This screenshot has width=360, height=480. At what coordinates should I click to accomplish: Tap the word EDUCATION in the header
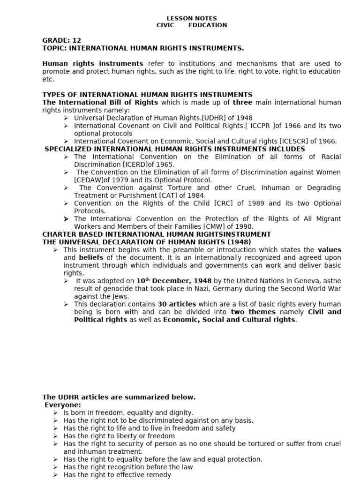point(208,25)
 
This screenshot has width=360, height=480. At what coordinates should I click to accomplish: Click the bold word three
point(242,103)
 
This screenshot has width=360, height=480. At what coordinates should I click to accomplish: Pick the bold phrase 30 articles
point(177,304)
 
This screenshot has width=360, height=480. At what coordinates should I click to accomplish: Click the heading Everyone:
point(63,405)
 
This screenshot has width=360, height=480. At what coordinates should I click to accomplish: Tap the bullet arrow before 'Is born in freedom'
point(55,413)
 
